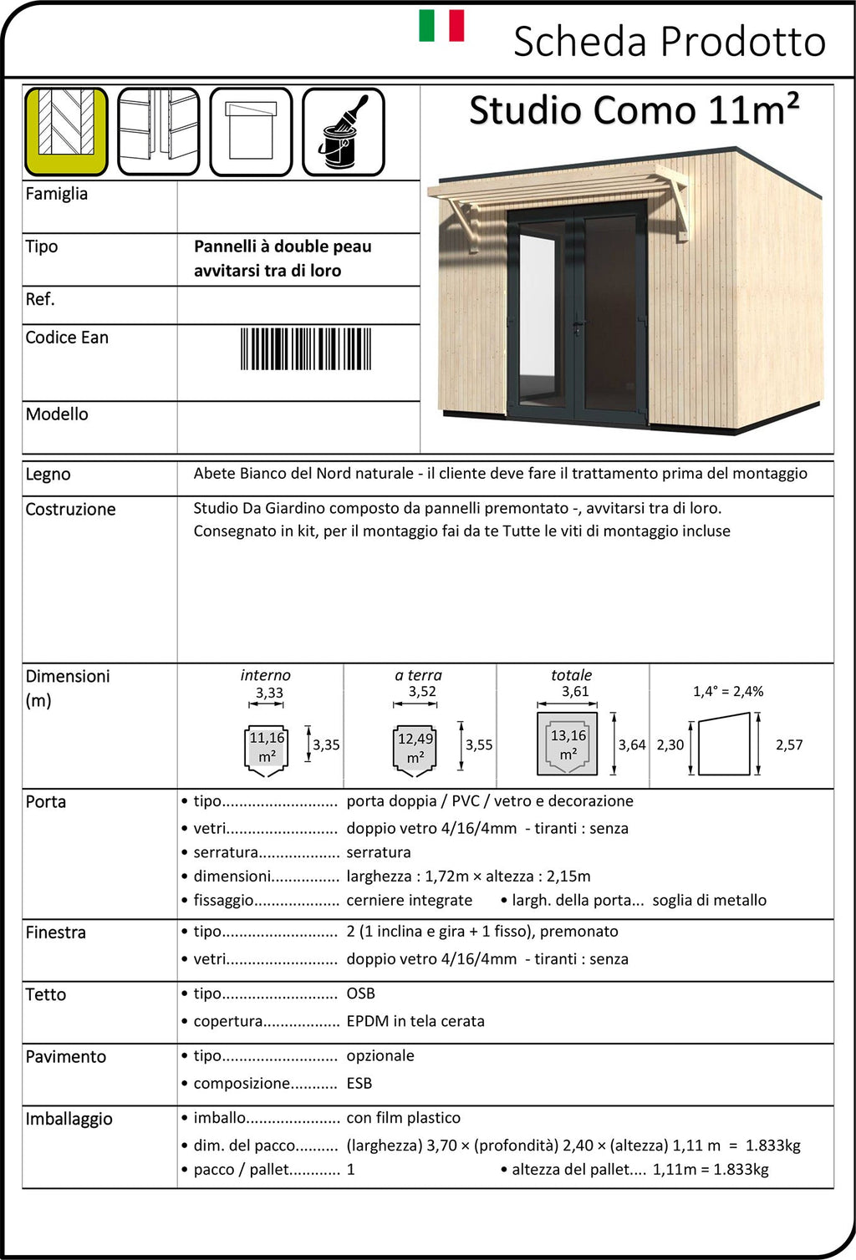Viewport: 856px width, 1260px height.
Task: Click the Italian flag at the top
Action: (441, 26)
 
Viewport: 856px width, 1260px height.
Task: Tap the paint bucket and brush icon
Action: (343, 132)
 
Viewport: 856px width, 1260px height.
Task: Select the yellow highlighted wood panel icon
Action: (66, 132)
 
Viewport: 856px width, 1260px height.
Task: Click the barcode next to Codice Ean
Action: (306, 349)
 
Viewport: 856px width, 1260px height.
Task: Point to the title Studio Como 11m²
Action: (634, 110)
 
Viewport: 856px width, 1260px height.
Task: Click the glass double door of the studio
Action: (577, 313)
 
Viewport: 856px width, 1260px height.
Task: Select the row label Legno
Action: (48, 475)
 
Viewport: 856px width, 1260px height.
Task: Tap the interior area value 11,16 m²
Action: (267, 747)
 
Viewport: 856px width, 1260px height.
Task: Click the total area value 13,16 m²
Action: (568, 744)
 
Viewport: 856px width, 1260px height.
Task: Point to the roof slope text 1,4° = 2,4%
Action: (728, 692)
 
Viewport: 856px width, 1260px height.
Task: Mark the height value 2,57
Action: (789, 745)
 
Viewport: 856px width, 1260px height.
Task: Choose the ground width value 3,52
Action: (422, 692)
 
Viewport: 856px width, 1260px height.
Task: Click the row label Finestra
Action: (55, 932)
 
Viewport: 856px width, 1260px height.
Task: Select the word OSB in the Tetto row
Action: (360, 993)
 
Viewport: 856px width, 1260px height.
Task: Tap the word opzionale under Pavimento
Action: (380, 1056)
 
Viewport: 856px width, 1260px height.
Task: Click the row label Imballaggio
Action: (69, 1120)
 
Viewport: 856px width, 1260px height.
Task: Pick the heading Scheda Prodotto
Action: (669, 42)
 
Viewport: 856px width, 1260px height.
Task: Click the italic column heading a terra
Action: (418, 675)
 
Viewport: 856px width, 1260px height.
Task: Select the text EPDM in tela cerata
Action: (415, 1021)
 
